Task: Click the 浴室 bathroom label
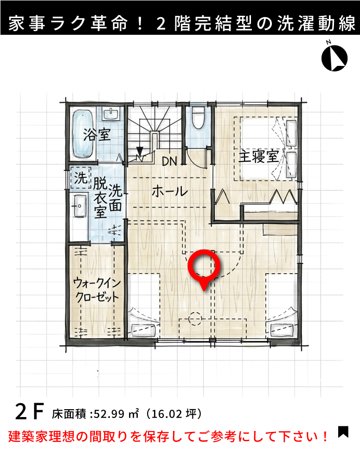[97, 134]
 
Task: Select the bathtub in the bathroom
[83, 135]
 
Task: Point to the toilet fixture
[198, 118]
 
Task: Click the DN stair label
[169, 161]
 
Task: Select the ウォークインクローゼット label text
[97, 290]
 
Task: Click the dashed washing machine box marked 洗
[81, 178]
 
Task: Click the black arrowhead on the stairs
[140, 151]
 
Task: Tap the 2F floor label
[29, 411]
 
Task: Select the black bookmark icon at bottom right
[343, 432]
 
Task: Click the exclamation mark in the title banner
[140, 23]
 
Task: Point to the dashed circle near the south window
[195, 319]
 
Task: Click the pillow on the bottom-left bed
[143, 329]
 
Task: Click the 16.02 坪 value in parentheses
[174, 413]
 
